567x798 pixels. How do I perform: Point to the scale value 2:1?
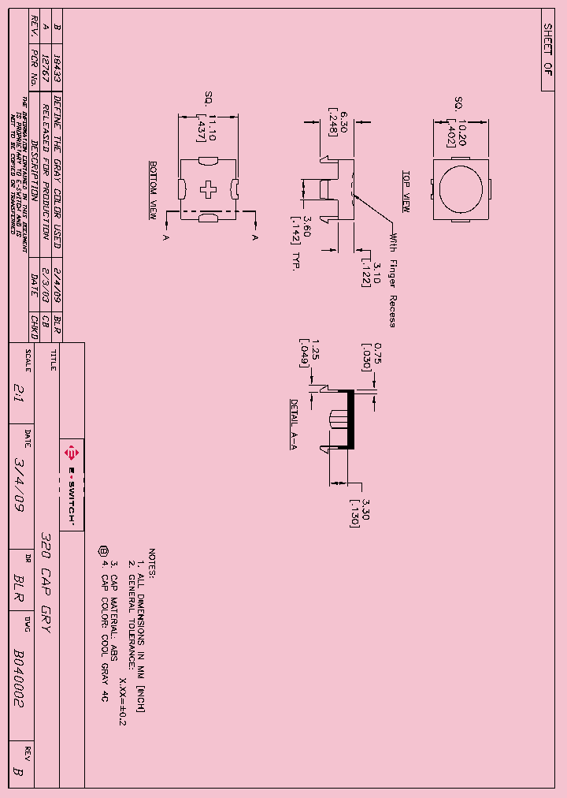pos(19,388)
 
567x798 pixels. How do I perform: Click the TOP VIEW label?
pos(406,191)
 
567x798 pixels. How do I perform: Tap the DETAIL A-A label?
pos(294,423)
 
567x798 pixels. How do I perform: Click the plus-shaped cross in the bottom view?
pos(209,189)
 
